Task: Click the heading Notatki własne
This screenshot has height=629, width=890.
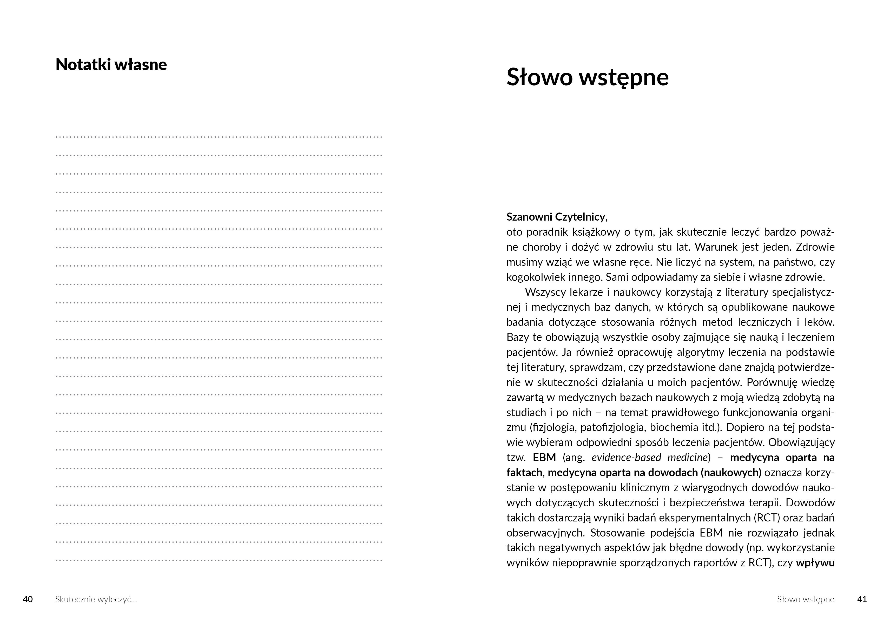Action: (111, 64)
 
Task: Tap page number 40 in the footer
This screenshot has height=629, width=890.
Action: (28, 599)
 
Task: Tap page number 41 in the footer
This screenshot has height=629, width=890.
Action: (862, 599)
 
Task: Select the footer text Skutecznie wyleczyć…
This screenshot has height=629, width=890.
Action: (96, 600)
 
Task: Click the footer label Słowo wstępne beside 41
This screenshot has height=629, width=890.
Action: (806, 600)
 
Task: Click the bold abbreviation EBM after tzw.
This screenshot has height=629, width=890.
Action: (544, 458)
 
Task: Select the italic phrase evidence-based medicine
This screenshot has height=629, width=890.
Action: (650, 458)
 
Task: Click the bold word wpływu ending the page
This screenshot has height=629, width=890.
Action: (815, 563)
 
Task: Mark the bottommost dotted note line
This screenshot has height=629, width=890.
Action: (219, 560)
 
